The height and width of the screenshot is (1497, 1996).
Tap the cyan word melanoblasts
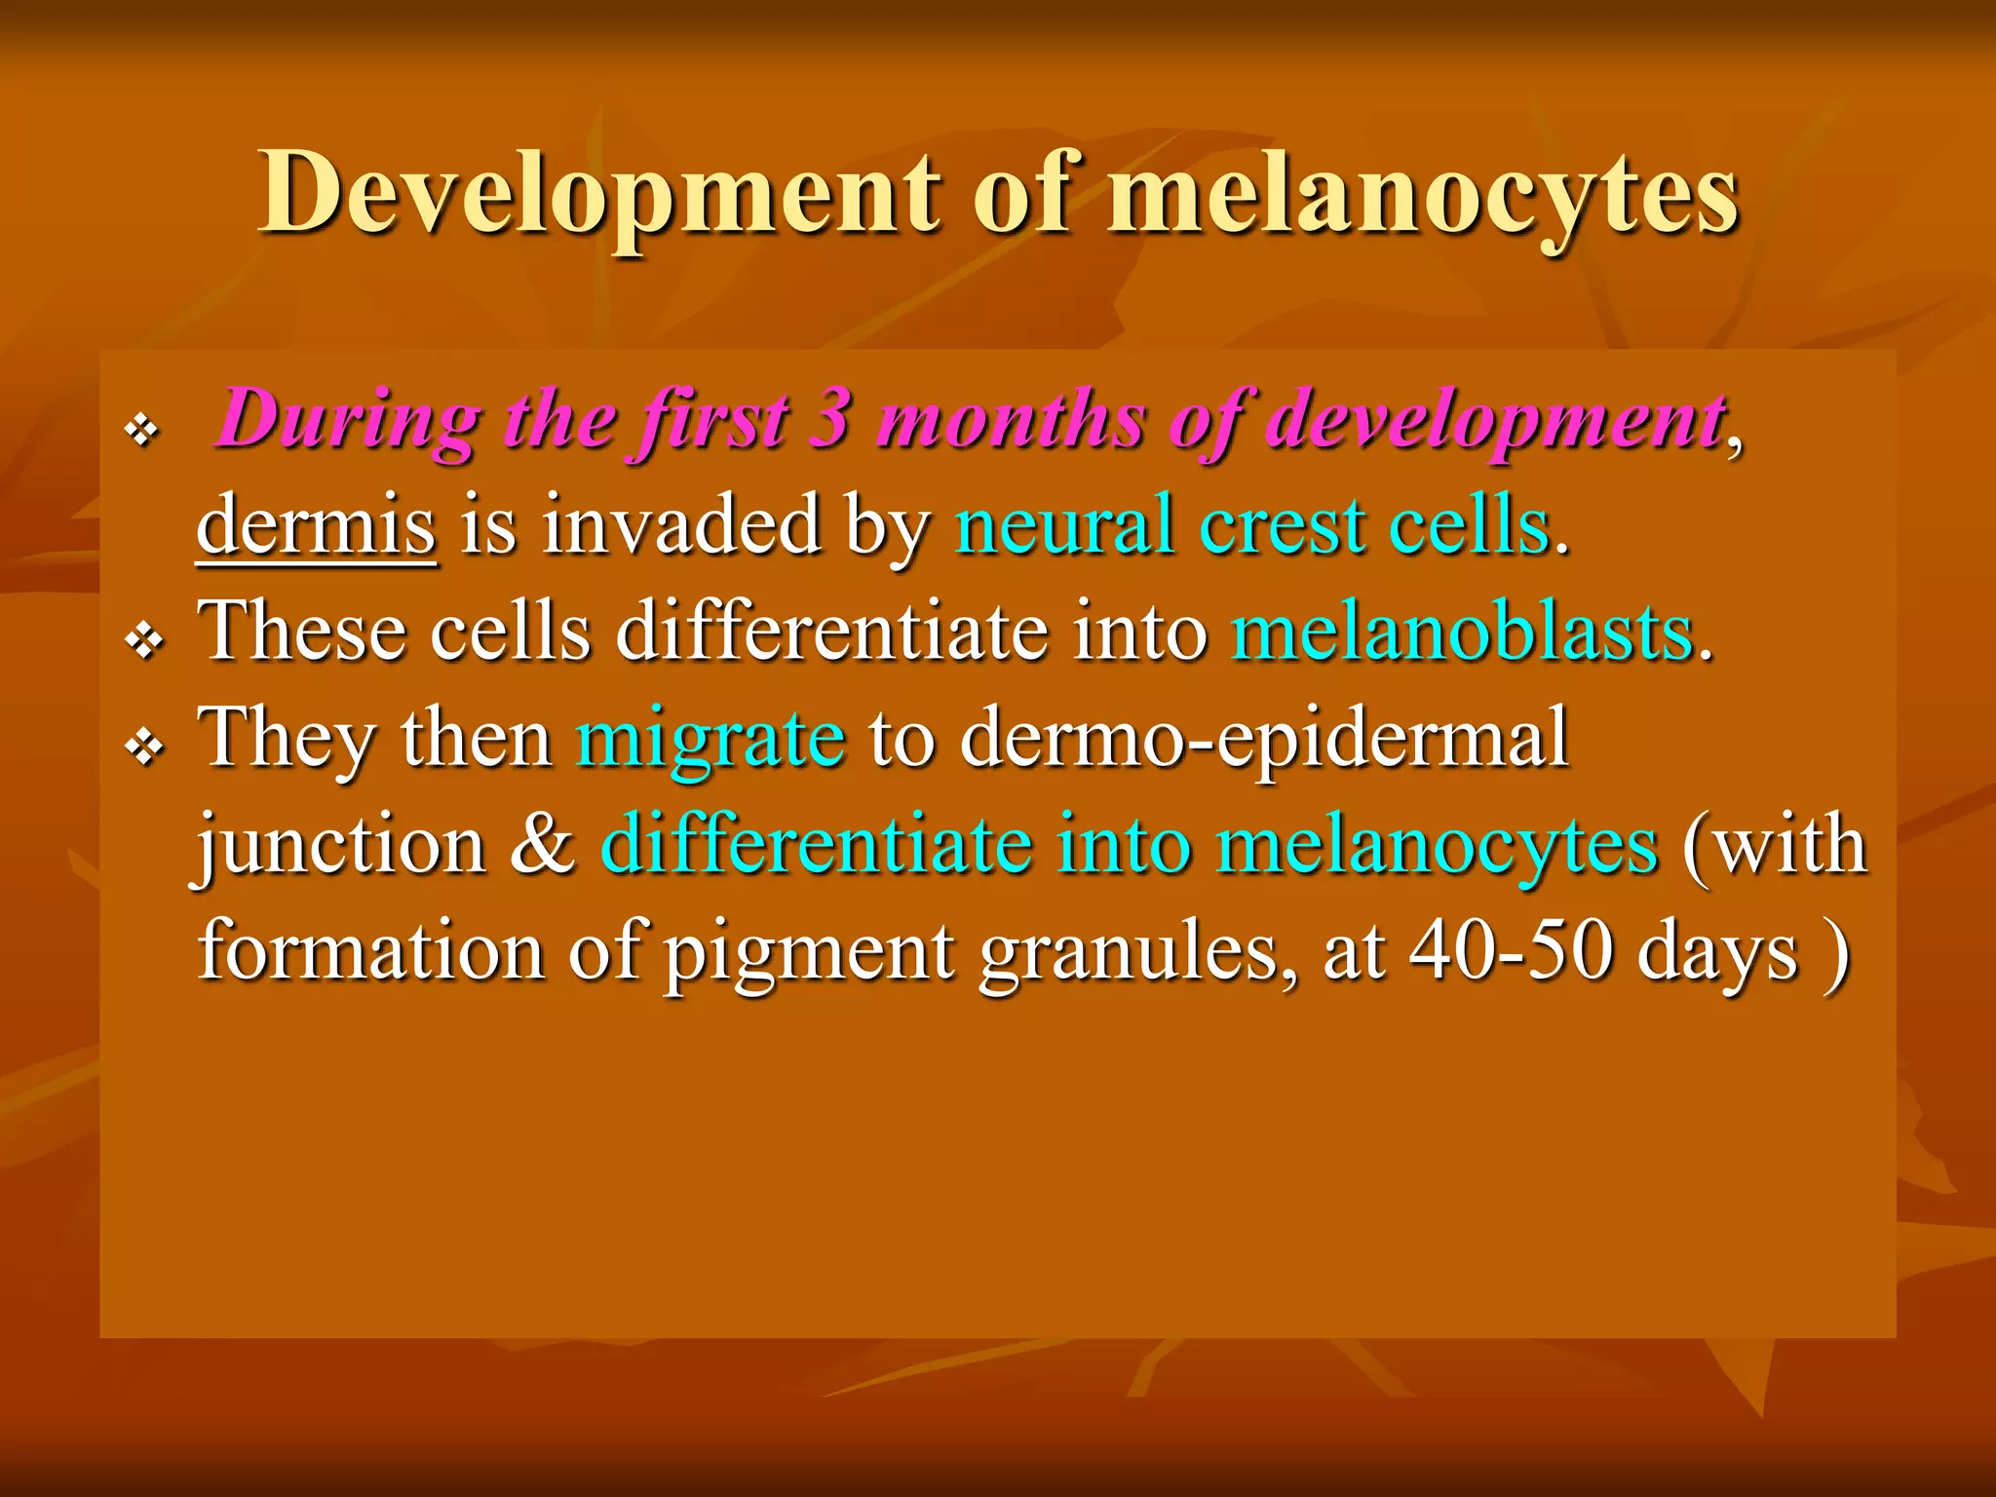click(1463, 633)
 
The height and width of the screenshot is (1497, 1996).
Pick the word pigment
click(809, 953)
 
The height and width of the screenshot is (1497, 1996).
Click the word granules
click(1138, 953)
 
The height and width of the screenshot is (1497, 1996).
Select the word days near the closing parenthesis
click(1717, 953)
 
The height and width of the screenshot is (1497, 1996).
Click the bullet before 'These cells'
click(144, 641)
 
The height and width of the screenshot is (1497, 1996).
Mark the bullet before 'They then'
click(144, 748)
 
